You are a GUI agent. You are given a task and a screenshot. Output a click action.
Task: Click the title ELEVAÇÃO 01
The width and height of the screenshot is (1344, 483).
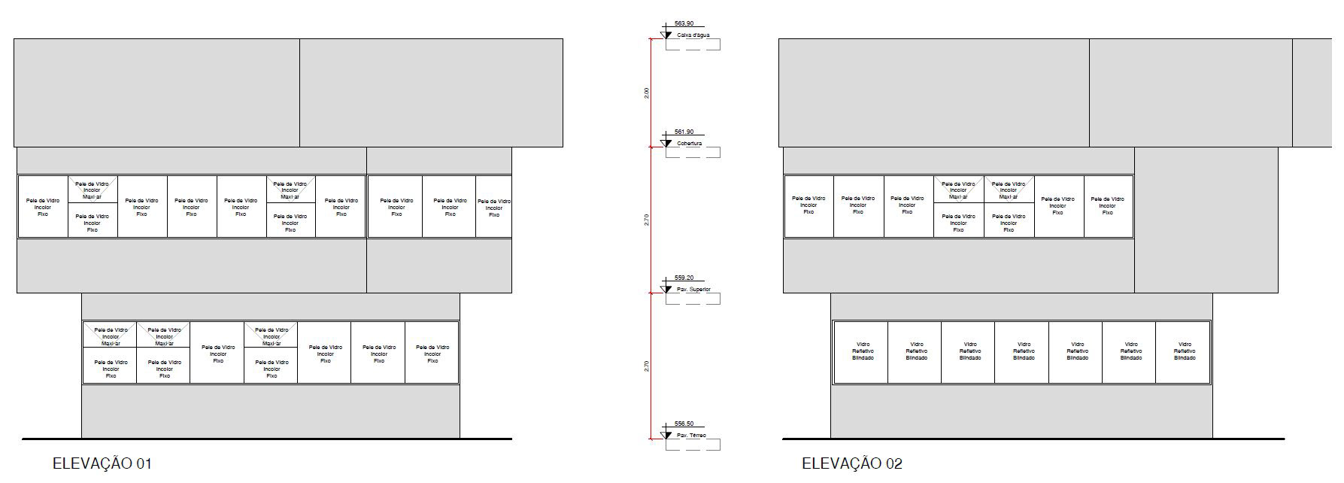tap(102, 463)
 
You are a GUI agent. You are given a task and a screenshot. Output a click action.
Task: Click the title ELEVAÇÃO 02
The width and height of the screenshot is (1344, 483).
tap(852, 463)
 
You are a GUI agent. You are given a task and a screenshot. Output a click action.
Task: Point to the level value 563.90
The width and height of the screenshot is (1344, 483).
tap(684, 24)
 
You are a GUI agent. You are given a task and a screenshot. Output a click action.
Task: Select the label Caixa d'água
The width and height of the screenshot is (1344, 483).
tap(693, 35)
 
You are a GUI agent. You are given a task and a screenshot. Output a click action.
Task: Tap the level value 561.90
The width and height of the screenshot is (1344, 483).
tap(684, 132)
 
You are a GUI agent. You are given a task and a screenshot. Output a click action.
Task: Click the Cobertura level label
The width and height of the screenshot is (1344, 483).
tap(690, 143)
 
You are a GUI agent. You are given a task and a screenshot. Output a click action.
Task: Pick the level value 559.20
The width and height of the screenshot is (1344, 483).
tap(684, 278)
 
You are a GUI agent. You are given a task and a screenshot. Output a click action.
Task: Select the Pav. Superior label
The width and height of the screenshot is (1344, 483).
tap(693, 290)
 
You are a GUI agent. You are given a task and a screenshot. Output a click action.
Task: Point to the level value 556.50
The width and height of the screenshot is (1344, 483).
tap(684, 424)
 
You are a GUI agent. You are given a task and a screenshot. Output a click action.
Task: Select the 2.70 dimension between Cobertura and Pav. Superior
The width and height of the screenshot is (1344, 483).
tap(647, 220)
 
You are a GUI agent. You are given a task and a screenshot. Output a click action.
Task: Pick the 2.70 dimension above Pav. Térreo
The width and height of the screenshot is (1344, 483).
tap(647, 366)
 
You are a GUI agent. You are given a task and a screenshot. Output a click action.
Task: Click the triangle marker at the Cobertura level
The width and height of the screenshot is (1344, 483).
tap(666, 143)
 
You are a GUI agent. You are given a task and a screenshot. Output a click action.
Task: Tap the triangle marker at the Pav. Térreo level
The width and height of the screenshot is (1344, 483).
tap(666, 435)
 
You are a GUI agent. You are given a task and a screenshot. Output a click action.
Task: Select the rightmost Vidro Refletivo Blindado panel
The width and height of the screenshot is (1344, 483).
tap(1184, 352)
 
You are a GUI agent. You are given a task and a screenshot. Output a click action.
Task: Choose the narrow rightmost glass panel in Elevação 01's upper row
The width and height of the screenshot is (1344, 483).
tap(494, 208)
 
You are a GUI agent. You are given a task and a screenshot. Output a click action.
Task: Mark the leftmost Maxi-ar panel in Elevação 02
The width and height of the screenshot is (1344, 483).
tap(958, 190)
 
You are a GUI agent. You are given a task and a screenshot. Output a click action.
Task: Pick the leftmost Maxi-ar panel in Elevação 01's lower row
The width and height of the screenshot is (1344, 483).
tap(111, 336)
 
